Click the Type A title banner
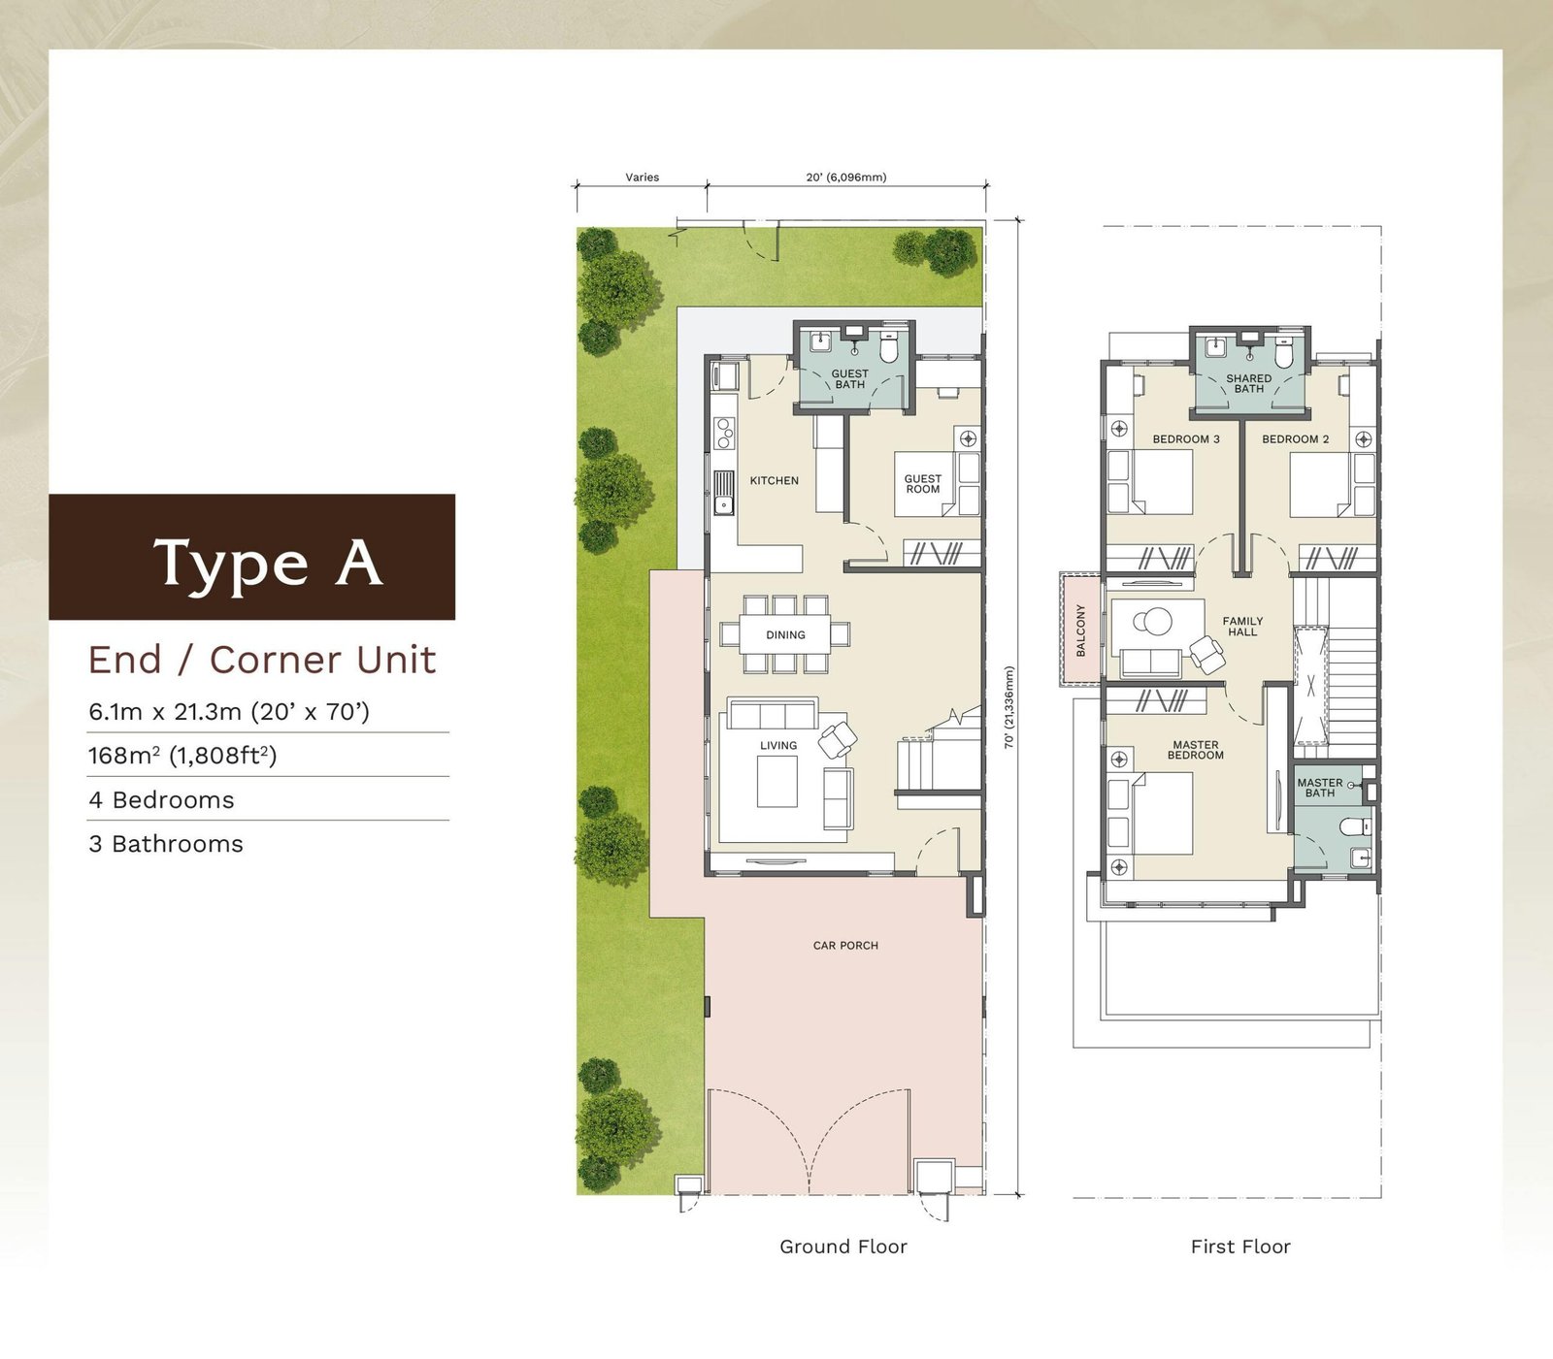[x=252, y=557]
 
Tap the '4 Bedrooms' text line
[x=161, y=800]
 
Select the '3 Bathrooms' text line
[x=166, y=844]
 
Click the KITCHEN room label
[x=775, y=480]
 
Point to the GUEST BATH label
[x=850, y=379]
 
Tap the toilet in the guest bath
[x=888, y=346]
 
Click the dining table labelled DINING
[x=785, y=634]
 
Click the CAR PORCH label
[x=845, y=945]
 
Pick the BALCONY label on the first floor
[x=1081, y=631]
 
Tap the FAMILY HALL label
[x=1242, y=627]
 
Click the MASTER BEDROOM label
[x=1196, y=750]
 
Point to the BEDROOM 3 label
[x=1186, y=439]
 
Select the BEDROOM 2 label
[x=1296, y=439]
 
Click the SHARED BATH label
[x=1249, y=384]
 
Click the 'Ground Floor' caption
[x=843, y=1246]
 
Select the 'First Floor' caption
[x=1240, y=1246]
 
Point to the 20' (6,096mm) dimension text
[x=846, y=178]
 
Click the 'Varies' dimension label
[x=643, y=178]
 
